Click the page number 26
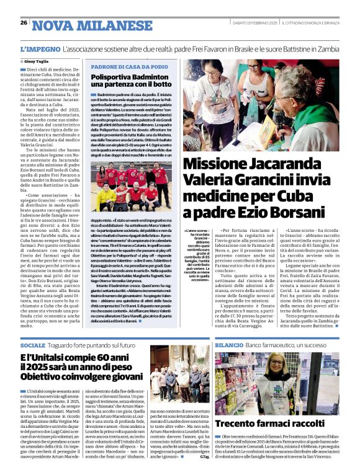tap(24, 23)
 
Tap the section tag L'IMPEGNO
tap(41, 48)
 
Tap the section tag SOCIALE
tap(33, 345)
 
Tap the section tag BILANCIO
tap(228, 345)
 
